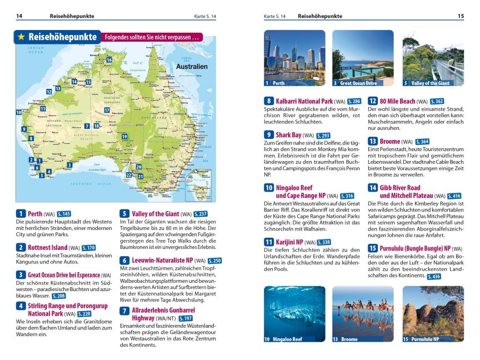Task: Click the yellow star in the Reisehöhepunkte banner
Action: coord(21,37)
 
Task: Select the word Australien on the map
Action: coord(191,67)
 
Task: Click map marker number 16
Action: coord(109,60)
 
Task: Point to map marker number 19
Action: coord(124,137)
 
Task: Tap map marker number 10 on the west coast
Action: coord(19,112)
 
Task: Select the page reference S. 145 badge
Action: coord(64,214)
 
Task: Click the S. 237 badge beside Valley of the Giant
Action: coord(201,214)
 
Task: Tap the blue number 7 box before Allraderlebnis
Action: coord(124,311)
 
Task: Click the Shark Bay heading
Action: coord(288,135)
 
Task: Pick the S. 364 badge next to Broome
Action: coord(422,142)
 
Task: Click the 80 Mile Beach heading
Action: coord(397,101)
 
